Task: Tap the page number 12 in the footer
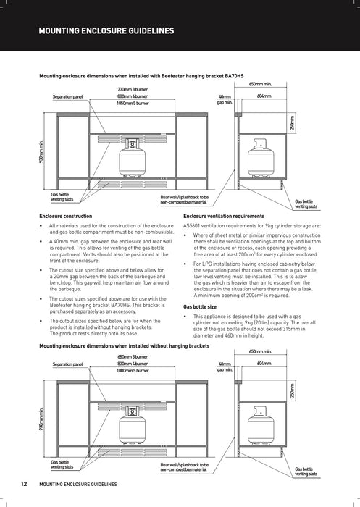[25, 483]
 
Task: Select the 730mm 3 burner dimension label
[133, 89]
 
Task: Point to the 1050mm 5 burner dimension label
[133, 103]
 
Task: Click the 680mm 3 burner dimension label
[133, 357]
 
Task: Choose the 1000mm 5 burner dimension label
[133, 371]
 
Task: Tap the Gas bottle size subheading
[200, 307]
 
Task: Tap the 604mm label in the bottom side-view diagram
[264, 364]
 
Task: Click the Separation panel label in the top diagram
[68, 96]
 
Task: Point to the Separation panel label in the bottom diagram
[68, 364]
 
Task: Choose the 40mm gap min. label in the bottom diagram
[225, 366]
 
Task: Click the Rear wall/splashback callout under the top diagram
[184, 199]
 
